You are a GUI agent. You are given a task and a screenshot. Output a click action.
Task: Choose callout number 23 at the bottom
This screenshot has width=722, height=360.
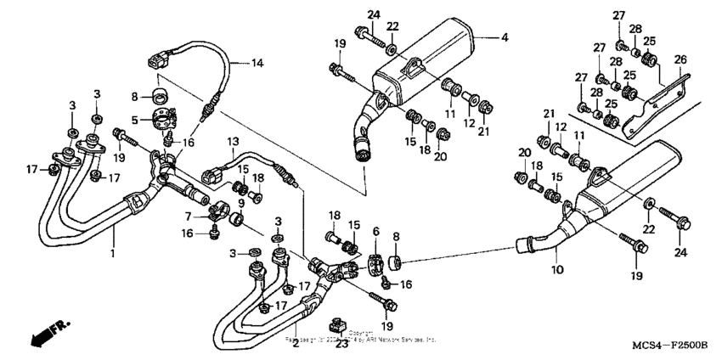342,344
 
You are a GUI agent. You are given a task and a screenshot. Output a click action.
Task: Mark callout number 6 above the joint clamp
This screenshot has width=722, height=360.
375,232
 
